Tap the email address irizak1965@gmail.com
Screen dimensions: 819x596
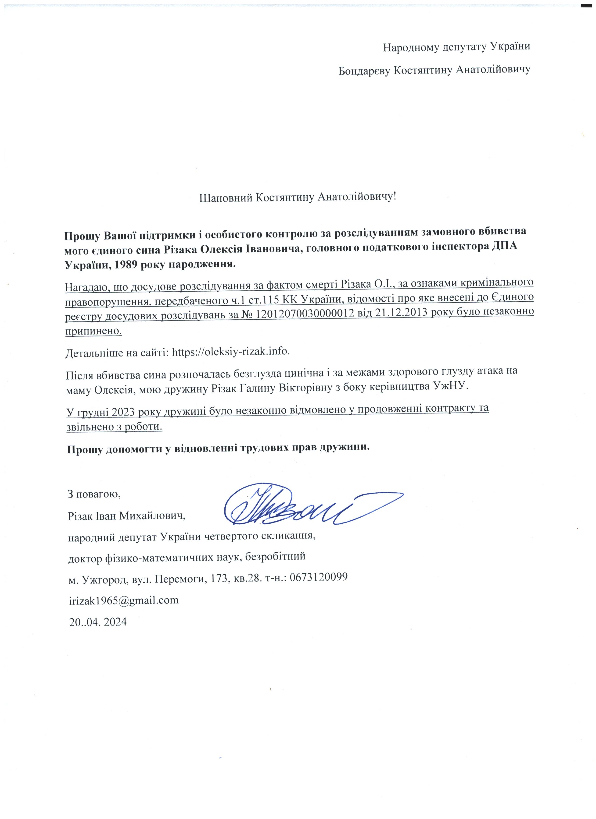124,600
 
